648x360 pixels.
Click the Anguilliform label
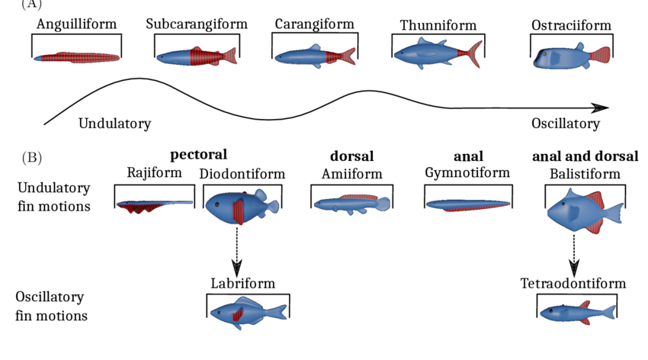pos(76,24)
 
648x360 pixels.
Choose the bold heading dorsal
pos(351,156)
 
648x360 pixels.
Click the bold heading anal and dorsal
pos(585,156)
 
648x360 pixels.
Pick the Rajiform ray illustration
pos(152,205)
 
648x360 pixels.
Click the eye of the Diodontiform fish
pos(216,205)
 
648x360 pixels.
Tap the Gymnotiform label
pos(467,174)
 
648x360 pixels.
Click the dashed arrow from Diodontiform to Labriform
pos(237,252)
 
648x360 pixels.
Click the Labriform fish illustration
pos(247,312)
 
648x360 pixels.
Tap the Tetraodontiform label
pos(573,284)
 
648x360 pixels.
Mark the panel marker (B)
pos(31,158)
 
